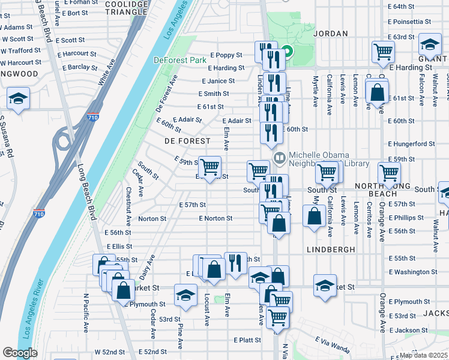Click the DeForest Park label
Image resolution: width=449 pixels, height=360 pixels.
179,60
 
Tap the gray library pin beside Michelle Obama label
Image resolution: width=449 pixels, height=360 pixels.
279,158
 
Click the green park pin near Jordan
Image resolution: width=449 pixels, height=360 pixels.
287,52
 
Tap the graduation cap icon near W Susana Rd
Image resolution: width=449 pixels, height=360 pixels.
18,98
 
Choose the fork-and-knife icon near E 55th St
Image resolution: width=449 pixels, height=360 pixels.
235,262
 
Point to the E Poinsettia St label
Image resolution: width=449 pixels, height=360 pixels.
410,21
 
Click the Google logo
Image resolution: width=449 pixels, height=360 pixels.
20,353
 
